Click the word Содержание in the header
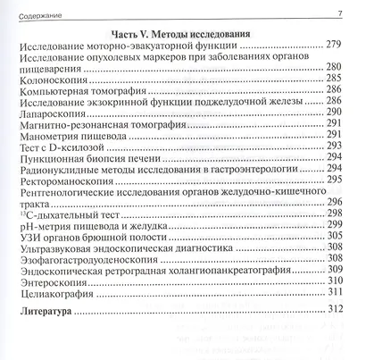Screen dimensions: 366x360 41,12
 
